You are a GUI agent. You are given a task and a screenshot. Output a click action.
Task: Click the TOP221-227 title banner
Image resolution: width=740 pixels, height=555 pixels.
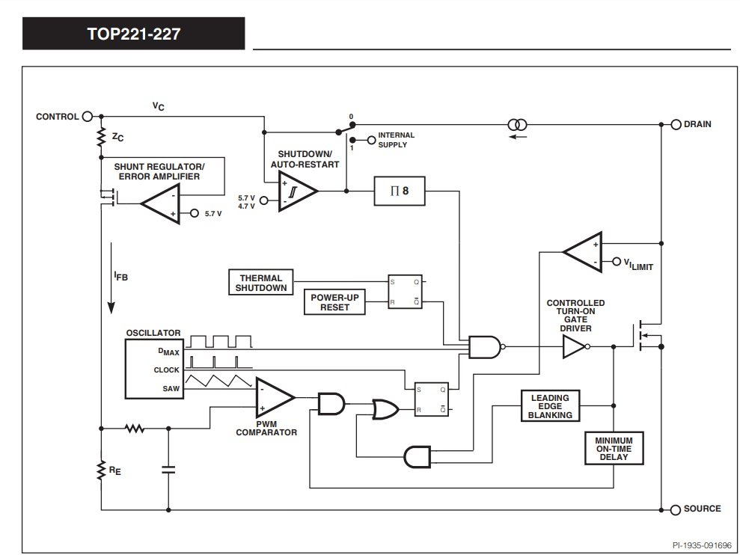point(133,34)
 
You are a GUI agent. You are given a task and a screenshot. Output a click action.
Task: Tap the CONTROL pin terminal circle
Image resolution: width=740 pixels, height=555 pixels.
point(88,117)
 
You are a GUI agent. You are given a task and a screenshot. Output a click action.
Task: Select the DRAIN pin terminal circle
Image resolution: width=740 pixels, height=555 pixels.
point(676,125)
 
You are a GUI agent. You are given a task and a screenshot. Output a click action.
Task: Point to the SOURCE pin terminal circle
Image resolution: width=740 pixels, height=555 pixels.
point(676,509)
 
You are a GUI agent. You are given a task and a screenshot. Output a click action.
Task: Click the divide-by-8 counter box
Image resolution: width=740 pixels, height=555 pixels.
point(400,191)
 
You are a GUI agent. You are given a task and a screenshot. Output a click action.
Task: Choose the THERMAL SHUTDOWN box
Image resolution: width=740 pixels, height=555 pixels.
point(261,283)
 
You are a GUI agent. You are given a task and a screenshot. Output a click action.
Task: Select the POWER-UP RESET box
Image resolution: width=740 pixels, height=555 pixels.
point(334,302)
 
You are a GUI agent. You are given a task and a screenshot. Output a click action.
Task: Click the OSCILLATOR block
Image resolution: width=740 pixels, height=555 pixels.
point(154,369)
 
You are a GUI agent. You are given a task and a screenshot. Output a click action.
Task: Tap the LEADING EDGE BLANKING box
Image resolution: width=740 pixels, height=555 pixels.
point(550,406)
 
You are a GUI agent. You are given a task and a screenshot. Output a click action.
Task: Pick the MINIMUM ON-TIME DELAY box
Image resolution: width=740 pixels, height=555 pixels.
point(614,448)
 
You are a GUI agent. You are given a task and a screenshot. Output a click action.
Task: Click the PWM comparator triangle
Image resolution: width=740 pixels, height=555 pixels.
point(275,397)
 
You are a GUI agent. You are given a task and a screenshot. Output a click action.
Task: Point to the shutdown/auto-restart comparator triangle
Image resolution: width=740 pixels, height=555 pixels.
point(297,191)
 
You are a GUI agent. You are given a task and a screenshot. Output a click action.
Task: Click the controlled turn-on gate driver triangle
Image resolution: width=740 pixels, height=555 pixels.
point(575,347)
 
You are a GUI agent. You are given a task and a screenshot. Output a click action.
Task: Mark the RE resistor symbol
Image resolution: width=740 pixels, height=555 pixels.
point(101,470)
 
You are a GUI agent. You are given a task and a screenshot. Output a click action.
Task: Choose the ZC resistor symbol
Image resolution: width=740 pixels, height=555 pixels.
point(101,138)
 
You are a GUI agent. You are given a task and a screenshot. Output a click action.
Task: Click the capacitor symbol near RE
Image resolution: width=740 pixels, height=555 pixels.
point(168,470)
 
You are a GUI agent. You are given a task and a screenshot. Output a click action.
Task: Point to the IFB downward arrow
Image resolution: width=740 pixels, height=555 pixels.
point(111,278)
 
